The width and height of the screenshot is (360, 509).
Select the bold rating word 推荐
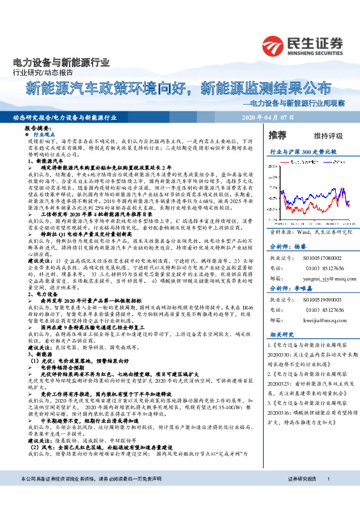(278, 134)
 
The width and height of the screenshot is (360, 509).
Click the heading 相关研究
(282, 334)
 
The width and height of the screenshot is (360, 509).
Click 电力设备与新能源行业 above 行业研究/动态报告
(61, 62)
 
